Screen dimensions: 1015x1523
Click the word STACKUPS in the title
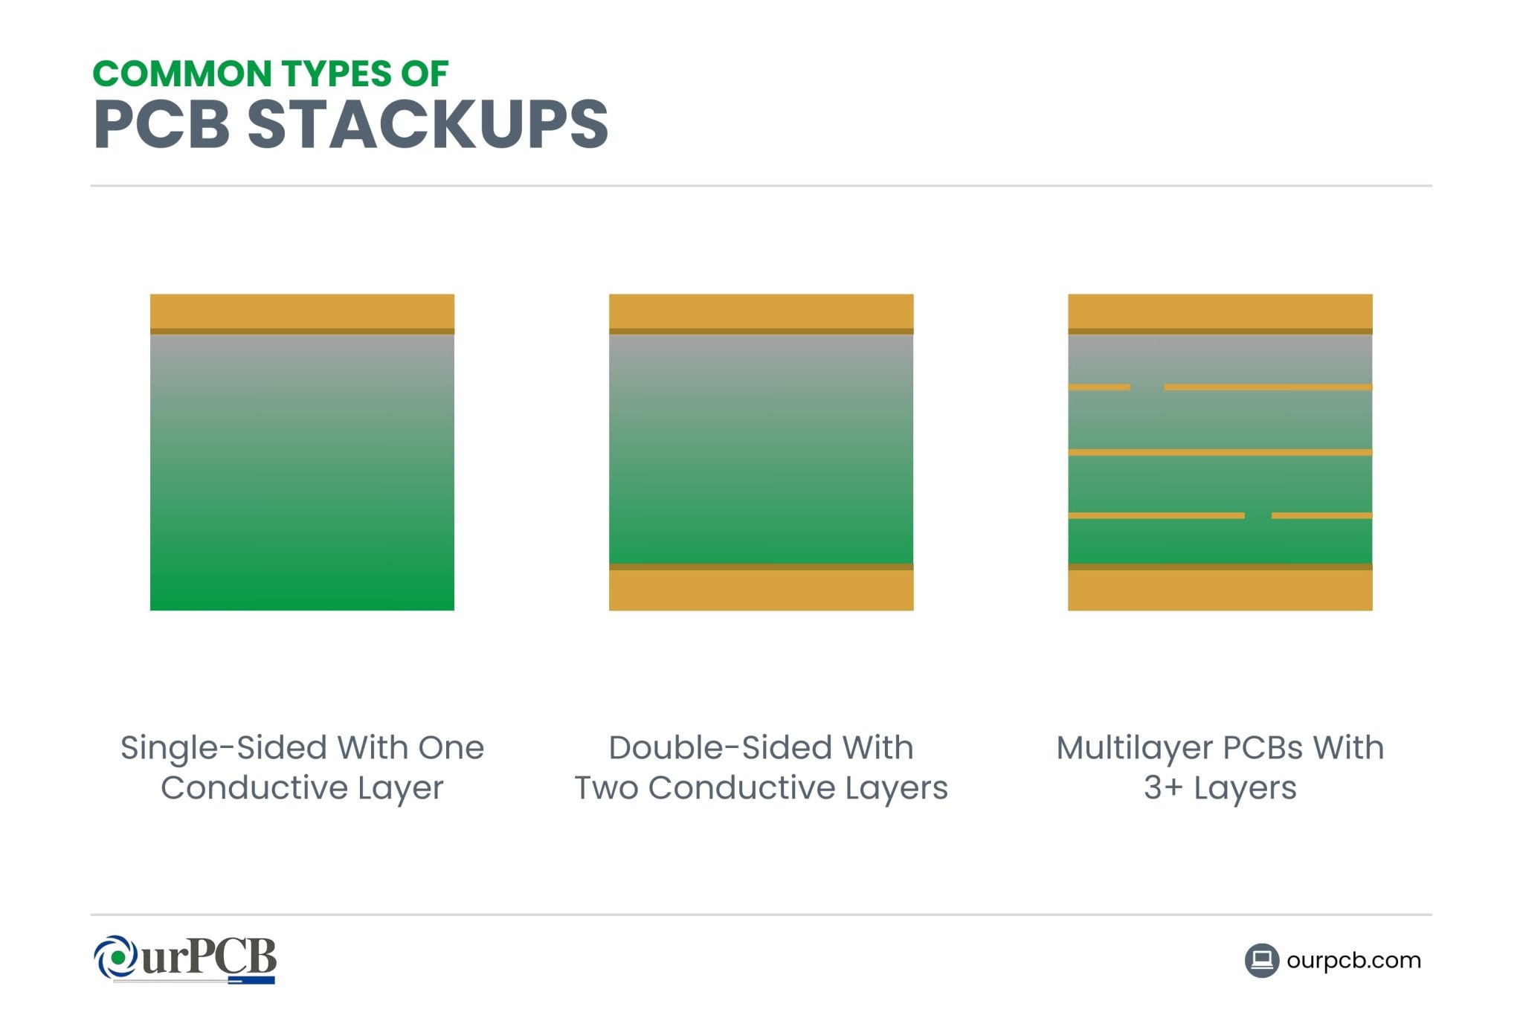[428, 124]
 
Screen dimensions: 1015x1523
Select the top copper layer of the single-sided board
[302, 312]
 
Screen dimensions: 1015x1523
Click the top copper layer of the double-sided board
[761, 312]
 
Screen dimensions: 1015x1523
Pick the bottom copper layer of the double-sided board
[761, 590]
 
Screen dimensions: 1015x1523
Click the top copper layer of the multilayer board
[1220, 312]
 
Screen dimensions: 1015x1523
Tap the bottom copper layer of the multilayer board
[1220, 590]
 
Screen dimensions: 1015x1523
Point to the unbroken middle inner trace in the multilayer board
[1220, 452]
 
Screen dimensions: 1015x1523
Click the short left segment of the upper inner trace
[1098, 387]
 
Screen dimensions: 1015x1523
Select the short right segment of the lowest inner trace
[1321, 515]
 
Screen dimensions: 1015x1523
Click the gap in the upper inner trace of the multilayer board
[1147, 387]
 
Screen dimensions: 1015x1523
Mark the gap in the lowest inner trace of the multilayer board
[1258, 515]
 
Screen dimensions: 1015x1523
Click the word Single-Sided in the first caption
[224, 748]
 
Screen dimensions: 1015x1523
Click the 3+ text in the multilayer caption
[1162, 788]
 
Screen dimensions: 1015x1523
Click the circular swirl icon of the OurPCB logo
[116, 957]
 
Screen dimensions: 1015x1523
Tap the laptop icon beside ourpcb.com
[1261, 960]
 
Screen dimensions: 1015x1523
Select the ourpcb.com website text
[1353, 960]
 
